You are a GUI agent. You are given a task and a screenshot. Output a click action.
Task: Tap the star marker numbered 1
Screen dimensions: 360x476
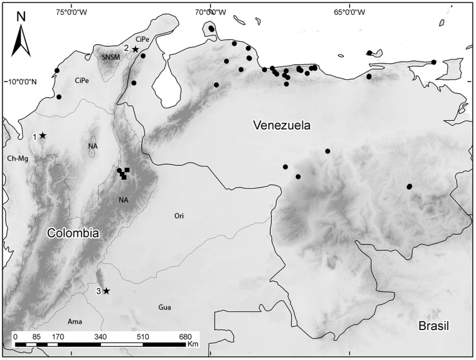coord(43,135)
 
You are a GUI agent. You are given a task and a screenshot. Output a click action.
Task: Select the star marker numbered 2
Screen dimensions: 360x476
coord(135,49)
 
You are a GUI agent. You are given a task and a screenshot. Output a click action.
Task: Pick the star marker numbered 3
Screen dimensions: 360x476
coord(106,291)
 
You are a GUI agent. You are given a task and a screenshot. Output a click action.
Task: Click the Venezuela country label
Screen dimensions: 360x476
coord(282,125)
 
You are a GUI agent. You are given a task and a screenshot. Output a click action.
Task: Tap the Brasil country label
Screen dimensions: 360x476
coord(433,326)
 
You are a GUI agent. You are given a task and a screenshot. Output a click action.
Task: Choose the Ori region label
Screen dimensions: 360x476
coord(179,216)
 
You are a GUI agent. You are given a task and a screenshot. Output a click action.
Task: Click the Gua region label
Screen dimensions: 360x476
coord(165,307)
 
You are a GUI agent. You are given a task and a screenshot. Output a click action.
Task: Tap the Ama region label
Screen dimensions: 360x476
coord(75,321)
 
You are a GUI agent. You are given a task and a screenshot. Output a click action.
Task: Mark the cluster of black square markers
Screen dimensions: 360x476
coord(124,173)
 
